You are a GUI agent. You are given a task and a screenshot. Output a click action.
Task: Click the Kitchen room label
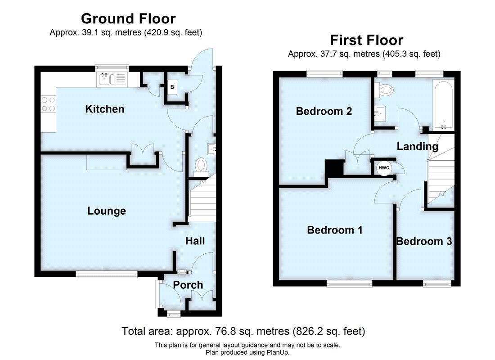click(104, 109)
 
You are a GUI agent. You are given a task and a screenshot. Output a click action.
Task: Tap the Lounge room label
click(107, 211)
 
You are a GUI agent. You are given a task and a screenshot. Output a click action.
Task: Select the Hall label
click(195, 241)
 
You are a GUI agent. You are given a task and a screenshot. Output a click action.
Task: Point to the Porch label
click(188, 285)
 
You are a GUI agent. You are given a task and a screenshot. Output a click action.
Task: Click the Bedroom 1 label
click(335, 230)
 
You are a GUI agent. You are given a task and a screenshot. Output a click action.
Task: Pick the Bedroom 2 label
click(324, 111)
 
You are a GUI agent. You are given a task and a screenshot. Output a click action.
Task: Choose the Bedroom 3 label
click(424, 241)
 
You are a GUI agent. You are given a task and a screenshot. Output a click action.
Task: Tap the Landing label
click(417, 146)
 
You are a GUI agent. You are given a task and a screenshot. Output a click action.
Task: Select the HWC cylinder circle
click(384, 168)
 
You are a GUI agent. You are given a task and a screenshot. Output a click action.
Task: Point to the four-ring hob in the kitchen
click(48, 104)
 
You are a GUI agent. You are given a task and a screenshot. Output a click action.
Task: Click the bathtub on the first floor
click(444, 104)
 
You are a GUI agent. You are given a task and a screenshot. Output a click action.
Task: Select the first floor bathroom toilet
click(385, 90)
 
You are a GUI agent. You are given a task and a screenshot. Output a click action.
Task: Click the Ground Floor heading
click(128, 18)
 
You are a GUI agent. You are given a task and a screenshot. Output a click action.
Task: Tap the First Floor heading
click(366, 40)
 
